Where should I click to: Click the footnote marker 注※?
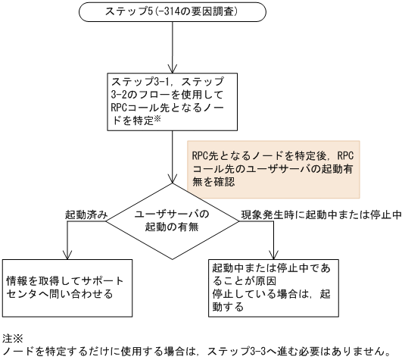pos(12,335)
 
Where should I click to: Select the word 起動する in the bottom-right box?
pos(229,307)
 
